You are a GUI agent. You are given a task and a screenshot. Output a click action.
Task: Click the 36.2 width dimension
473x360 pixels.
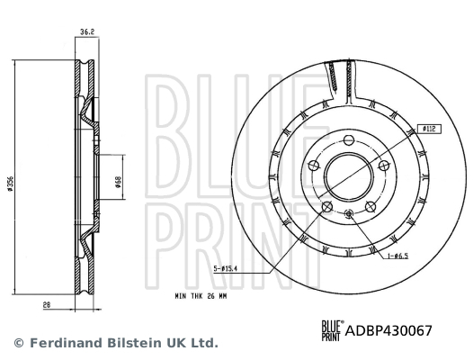point(87,31)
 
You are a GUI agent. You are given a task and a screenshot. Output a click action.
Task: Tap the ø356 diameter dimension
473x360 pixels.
point(10,184)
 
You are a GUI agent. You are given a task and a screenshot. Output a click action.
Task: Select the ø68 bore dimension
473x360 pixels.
point(119,182)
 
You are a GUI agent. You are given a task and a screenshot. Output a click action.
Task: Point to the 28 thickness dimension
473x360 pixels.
point(47,305)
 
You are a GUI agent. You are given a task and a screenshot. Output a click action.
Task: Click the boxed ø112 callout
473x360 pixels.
point(429,129)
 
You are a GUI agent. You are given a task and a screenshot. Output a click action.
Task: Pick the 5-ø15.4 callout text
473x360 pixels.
point(226,268)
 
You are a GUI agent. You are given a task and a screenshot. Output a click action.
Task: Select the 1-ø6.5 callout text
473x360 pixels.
point(397,256)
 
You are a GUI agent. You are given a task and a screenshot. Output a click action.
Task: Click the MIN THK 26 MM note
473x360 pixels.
point(201,296)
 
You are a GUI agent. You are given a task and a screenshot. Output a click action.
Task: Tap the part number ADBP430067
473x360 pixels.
point(388,330)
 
